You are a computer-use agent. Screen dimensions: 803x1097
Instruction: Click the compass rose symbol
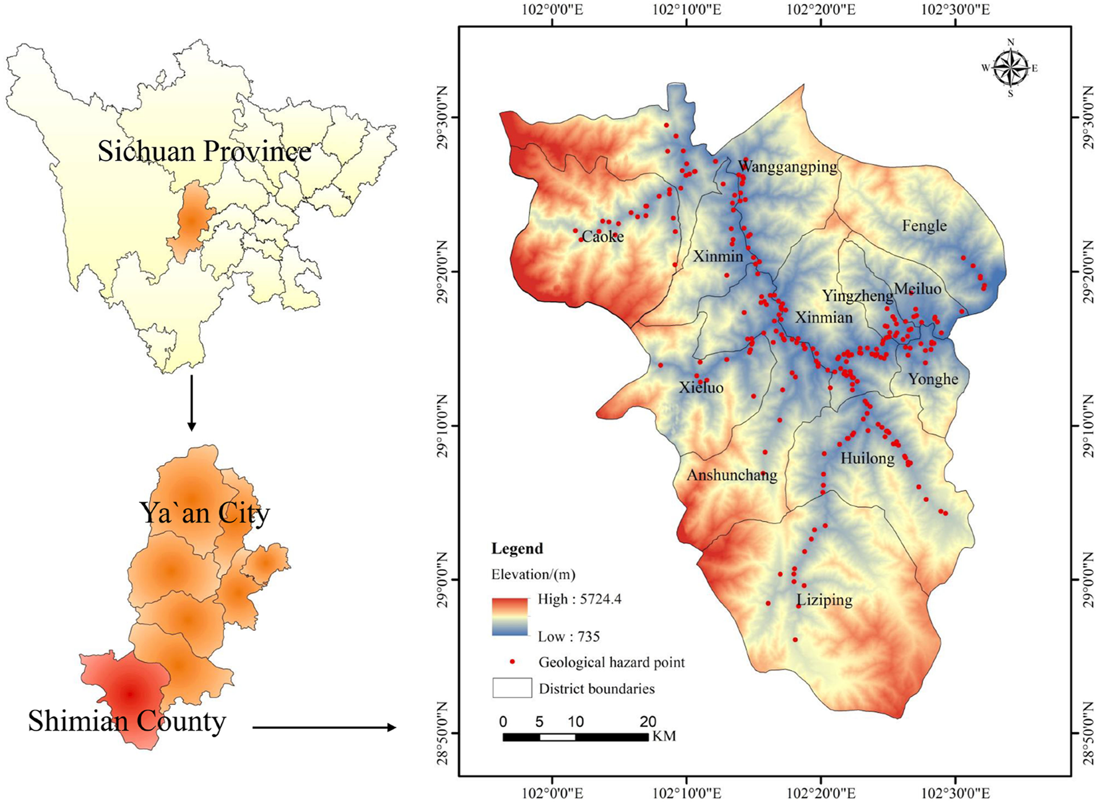[1010, 68]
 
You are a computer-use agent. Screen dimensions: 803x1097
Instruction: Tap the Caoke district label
[603, 237]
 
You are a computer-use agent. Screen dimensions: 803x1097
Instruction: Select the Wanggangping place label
[787, 166]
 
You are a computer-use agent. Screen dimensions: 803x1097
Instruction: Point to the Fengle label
[924, 226]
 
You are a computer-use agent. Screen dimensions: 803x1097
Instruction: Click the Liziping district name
[824, 600]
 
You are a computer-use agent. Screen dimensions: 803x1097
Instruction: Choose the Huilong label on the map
[867, 458]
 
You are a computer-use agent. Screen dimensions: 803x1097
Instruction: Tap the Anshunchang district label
[732, 475]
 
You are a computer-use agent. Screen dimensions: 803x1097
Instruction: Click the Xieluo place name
[701, 388]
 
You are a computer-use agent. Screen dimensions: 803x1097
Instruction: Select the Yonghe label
[933, 379]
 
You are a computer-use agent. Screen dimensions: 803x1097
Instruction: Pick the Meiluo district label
[917, 289]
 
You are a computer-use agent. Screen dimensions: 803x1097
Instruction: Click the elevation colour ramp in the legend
[510, 617]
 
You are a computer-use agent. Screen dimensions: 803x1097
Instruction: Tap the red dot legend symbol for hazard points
[512, 662]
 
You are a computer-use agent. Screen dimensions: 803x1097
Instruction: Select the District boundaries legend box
[512, 688]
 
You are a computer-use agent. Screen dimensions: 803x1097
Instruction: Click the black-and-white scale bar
[575, 737]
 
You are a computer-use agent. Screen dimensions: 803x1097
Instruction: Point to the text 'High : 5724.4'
[579, 599]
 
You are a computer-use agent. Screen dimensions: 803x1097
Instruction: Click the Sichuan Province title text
[204, 152]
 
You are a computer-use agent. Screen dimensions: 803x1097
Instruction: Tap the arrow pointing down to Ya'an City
[192, 402]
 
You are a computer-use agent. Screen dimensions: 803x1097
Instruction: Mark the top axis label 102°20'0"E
[821, 9]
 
